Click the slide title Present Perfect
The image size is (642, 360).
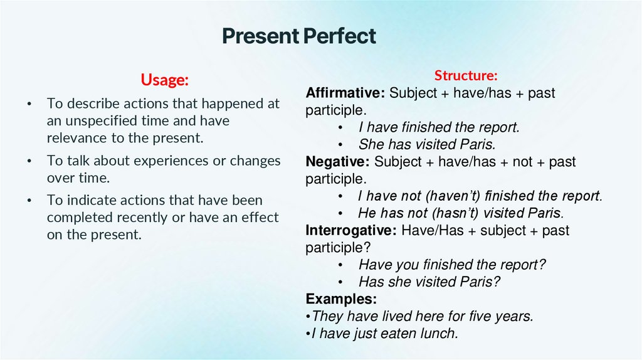(299, 36)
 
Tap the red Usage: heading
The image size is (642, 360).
(164, 80)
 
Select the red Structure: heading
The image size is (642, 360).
(466, 76)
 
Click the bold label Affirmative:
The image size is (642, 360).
(345, 93)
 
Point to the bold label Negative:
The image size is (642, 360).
(337, 162)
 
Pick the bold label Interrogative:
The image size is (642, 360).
(350, 230)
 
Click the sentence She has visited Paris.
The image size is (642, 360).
(421, 144)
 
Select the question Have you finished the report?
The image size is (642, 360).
(452, 265)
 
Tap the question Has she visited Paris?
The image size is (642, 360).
(429, 282)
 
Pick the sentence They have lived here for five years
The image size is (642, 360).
(422, 316)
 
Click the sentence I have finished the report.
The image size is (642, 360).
(439, 127)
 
